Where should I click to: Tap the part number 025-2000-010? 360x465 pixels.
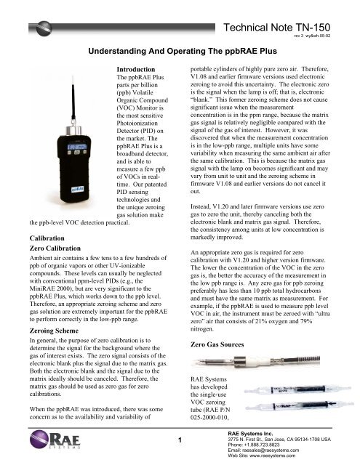[x=210, y=416]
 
